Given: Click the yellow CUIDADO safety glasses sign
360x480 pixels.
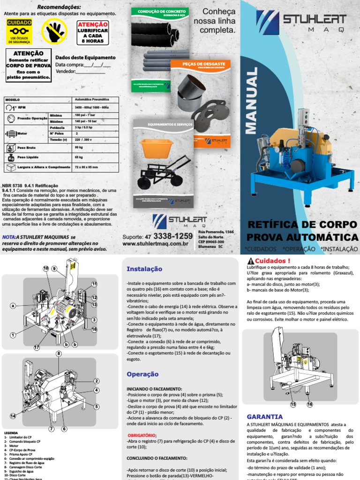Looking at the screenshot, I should pyautogui.click(x=19, y=31).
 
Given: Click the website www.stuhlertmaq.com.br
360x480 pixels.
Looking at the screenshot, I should pyautogui.click(x=155, y=244).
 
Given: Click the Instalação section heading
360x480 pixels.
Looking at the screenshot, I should pyautogui.click(x=144, y=269).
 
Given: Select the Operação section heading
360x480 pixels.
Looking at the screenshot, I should pyautogui.click(x=142, y=374).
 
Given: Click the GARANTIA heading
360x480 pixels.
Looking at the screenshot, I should pyautogui.click(x=264, y=416).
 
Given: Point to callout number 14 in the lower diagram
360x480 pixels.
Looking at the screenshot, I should pyautogui.click(x=12, y=416).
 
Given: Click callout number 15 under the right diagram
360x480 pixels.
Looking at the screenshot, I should pyautogui.click(x=293, y=404).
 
